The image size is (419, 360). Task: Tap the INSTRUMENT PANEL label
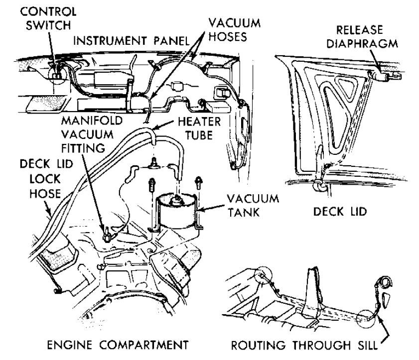[132, 41]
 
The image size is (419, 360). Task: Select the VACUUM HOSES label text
[234, 30]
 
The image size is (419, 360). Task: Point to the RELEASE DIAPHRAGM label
[362, 37]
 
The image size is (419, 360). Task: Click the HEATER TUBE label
[199, 128]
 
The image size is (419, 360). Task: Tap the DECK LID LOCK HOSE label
[46, 179]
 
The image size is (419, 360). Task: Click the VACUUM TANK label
[253, 206]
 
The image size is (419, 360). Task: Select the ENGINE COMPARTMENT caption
[118, 345]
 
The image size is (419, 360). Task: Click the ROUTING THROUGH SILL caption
[304, 346]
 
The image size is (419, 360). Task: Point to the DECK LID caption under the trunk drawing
[340, 212]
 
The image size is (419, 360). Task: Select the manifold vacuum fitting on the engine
[107, 234]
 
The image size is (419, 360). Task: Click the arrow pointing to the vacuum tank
[211, 208]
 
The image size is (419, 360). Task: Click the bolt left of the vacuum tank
[151, 184]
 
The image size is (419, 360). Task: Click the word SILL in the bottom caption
[365, 346]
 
